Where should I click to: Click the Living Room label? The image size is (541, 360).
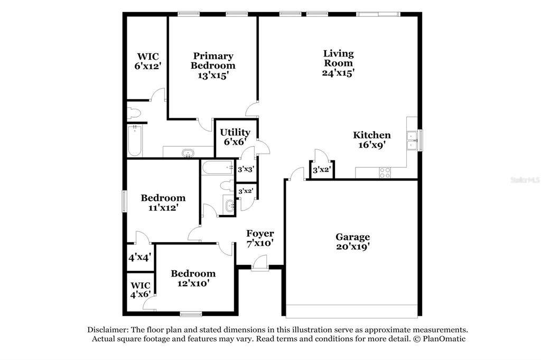click(x=338, y=58)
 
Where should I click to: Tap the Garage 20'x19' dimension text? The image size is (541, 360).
click(x=353, y=247)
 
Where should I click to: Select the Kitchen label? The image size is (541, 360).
click(x=371, y=135)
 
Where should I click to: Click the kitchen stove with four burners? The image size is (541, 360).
click(x=385, y=173)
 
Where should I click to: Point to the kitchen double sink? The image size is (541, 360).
click(x=412, y=141)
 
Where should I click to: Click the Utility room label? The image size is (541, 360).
click(x=235, y=132)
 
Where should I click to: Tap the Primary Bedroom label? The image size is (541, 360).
click(x=213, y=60)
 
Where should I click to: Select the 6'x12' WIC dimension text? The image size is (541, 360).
click(x=148, y=65)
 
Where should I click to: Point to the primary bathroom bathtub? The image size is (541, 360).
click(x=134, y=141)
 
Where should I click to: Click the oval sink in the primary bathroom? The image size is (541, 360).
click(x=188, y=153)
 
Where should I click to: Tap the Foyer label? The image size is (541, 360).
click(x=260, y=233)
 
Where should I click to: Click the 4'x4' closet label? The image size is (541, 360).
click(x=139, y=257)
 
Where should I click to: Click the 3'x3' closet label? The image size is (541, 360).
click(x=246, y=169)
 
